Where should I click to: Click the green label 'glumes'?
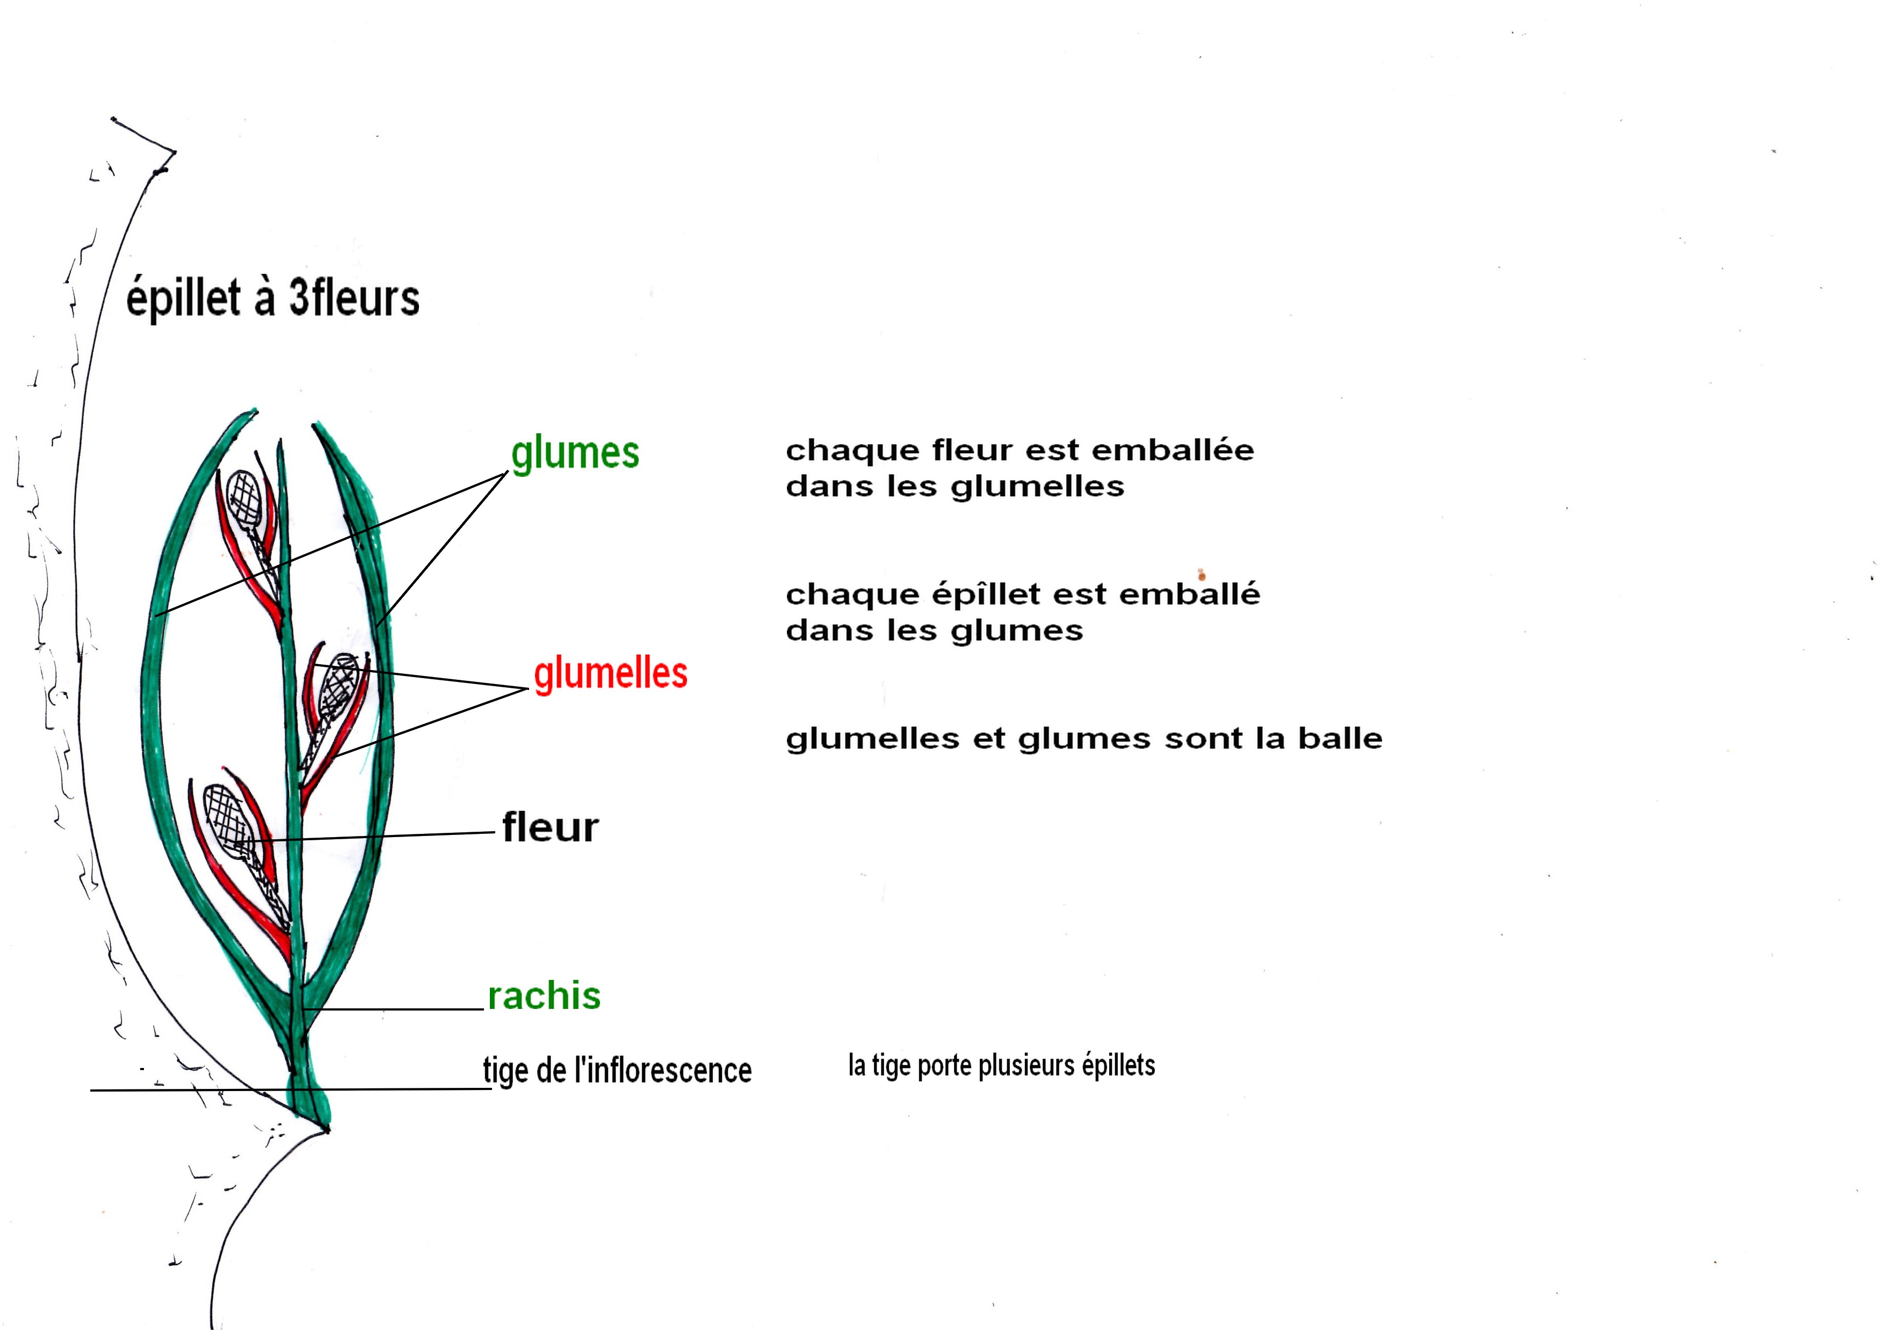coord(575,453)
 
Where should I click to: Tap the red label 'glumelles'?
coord(610,674)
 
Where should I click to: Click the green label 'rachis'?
coord(544,996)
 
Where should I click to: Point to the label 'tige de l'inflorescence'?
coord(617,1070)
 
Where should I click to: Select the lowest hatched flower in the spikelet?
coord(225,815)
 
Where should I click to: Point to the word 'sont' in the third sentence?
coord(1203,739)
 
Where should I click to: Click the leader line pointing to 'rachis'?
coord(393,1009)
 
